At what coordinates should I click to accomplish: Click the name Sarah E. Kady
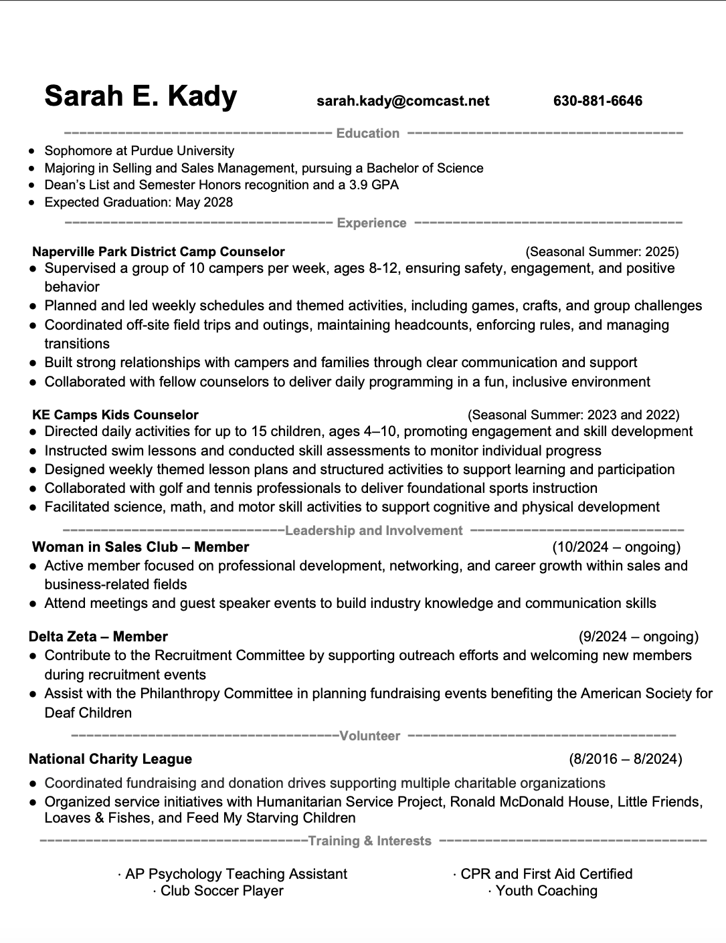[x=141, y=96]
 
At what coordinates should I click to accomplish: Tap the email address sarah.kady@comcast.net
[x=403, y=101]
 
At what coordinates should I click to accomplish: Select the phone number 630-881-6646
[x=598, y=101]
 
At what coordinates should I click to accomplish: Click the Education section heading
[x=367, y=133]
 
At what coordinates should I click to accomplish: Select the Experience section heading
[x=371, y=223]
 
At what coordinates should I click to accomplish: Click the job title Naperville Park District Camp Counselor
[x=159, y=251]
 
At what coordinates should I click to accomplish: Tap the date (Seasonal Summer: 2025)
[x=602, y=251]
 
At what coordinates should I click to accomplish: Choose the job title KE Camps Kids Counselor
[x=115, y=415]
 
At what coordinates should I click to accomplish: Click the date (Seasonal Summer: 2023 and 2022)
[x=573, y=415]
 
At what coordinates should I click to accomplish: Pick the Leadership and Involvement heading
[x=373, y=530]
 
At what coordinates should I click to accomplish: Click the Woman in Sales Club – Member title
[x=141, y=547]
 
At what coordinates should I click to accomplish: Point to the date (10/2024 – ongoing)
[x=616, y=547]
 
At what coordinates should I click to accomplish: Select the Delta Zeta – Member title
[x=98, y=637]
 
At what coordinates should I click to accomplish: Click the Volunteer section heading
[x=369, y=736]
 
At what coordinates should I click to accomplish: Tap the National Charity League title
[x=110, y=759]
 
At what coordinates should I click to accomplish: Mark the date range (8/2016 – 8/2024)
[x=626, y=759]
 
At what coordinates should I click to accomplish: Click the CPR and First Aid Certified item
[x=546, y=873]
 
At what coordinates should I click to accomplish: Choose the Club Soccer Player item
[x=221, y=891]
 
